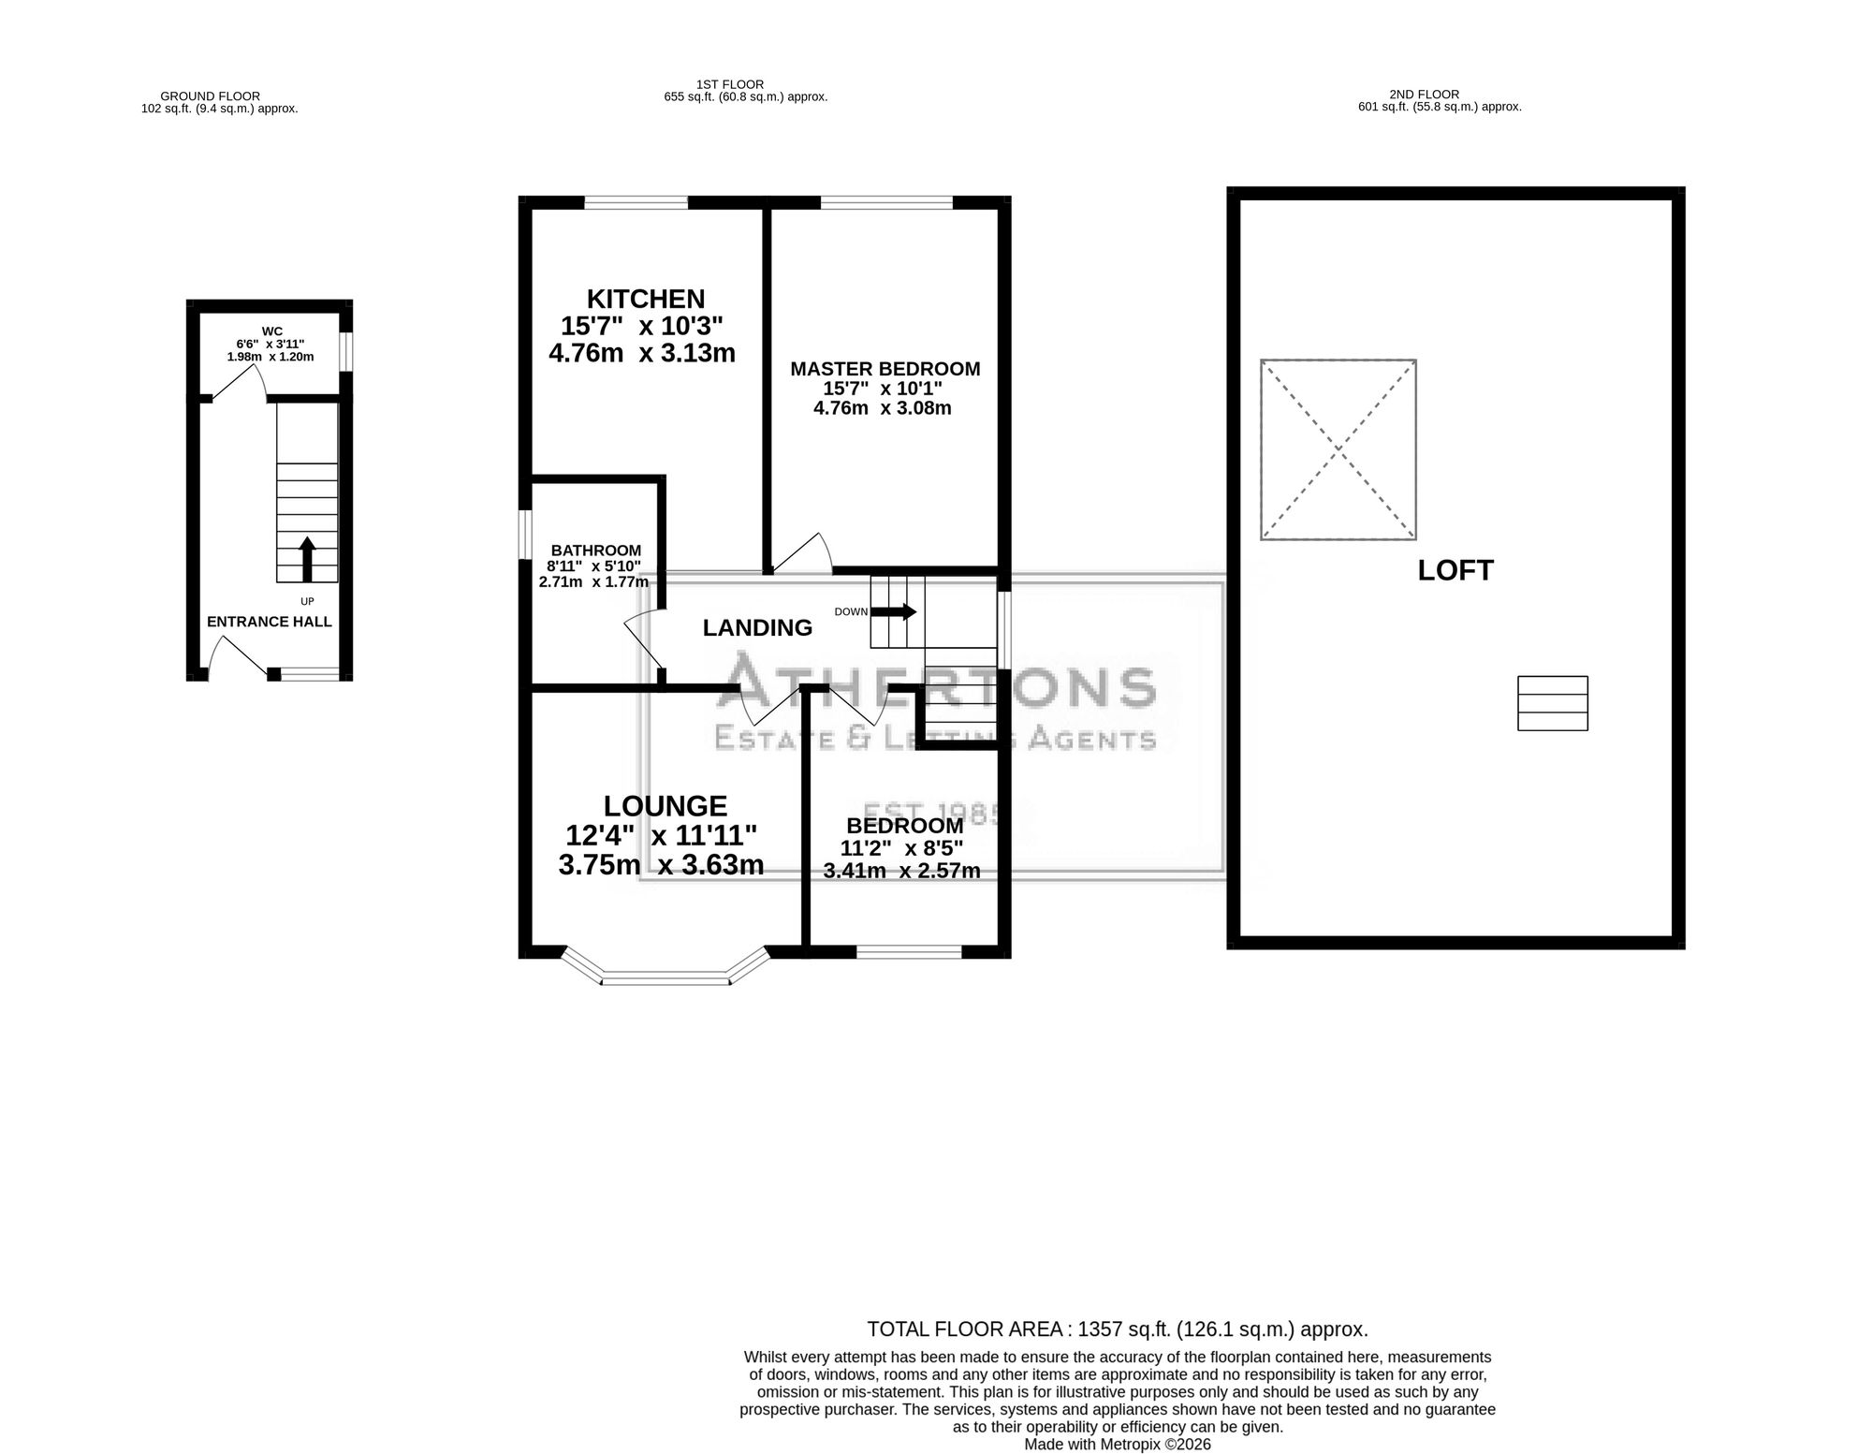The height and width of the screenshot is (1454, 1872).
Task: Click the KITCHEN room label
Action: coord(646,299)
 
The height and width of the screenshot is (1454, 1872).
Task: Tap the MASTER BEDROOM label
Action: coord(885,369)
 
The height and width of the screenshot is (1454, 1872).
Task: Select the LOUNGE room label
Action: coord(665,806)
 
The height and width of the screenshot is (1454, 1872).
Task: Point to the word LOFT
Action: coord(1455,570)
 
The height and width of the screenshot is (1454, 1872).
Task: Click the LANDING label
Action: coord(757,627)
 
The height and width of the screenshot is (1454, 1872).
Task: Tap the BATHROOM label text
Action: coord(596,551)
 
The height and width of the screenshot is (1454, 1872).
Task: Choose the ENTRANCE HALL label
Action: coord(270,622)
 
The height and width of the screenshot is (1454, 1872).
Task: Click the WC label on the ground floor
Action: coord(272,331)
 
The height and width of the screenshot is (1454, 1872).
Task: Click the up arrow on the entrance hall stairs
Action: coord(307,559)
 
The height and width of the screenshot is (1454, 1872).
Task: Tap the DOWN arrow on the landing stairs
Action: coord(894,612)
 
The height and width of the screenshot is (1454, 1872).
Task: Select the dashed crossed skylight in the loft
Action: coord(1338,449)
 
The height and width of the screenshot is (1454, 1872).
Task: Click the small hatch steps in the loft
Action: coord(1553,703)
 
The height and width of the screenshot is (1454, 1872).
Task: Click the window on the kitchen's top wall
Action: coord(636,202)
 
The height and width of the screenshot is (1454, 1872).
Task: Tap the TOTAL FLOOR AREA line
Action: coord(1118,1329)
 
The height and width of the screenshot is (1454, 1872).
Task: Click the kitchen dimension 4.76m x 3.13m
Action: coord(642,353)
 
